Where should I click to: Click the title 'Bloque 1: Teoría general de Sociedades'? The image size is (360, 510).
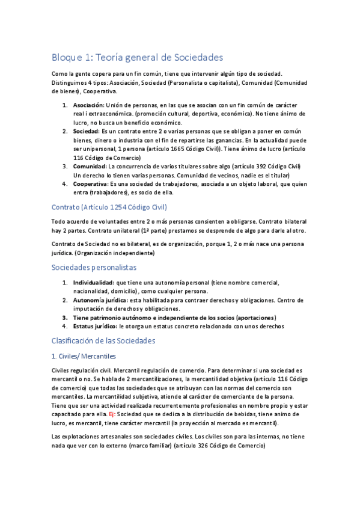(137, 58)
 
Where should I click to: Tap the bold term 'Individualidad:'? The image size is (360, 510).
(93, 282)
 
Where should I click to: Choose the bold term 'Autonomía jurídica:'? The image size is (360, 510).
(100, 300)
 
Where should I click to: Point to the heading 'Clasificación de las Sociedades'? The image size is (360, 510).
(103, 340)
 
